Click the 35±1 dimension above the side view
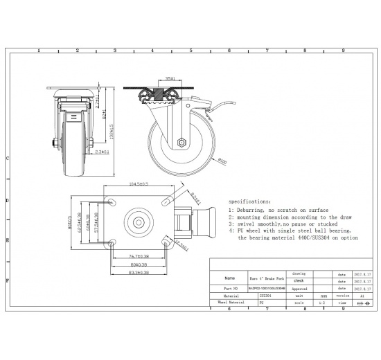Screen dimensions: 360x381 pos(169,79)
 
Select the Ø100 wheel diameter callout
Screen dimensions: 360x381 pos(223,162)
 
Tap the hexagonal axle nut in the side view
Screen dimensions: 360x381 pos(181,142)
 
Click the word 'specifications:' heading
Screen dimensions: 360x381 pos(250,198)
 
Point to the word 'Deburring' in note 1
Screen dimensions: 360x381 pos(253,210)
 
